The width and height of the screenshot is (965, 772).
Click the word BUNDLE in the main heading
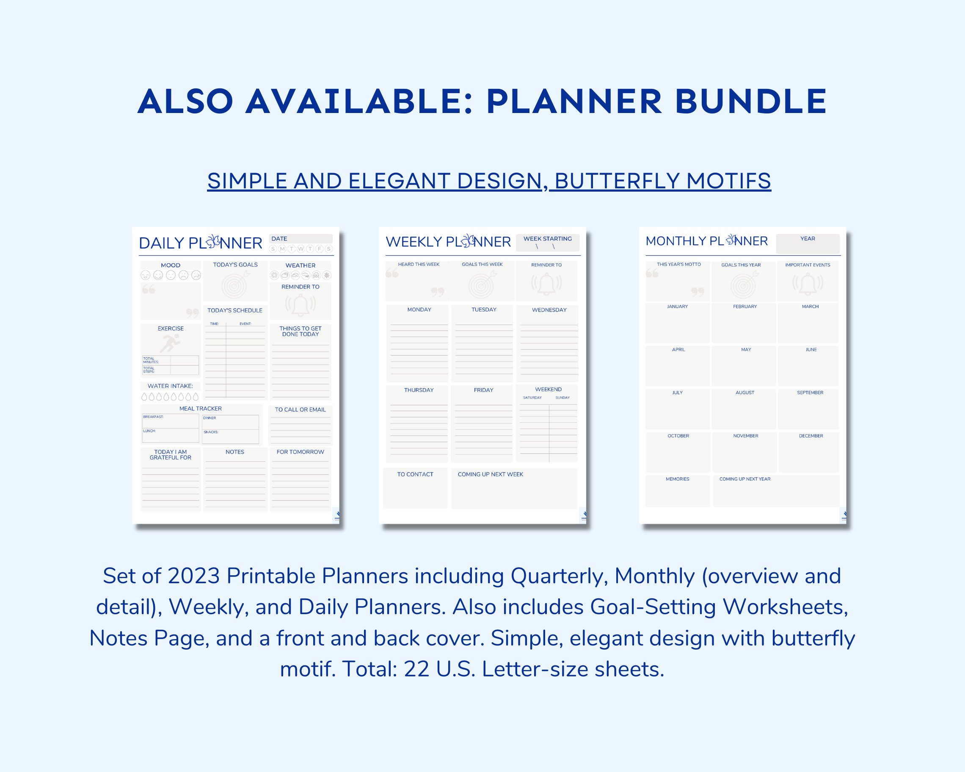(x=750, y=101)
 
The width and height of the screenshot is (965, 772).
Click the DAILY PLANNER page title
(x=200, y=243)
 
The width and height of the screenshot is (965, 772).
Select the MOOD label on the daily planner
(x=171, y=265)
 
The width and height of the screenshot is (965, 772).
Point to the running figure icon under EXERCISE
(x=170, y=343)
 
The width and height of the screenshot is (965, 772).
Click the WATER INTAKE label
(x=170, y=386)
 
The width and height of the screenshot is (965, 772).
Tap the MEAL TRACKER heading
(x=201, y=408)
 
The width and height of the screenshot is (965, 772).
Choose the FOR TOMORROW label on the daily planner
(x=301, y=452)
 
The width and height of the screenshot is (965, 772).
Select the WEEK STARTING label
(x=547, y=239)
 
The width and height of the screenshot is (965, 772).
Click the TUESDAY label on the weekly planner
(x=484, y=310)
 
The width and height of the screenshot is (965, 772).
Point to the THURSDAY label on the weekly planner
(x=419, y=390)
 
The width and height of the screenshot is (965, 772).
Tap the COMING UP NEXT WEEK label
(x=490, y=474)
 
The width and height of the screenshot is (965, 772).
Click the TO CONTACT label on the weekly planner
(x=415, y=474)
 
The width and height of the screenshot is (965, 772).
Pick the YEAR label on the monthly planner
(x=808, y=239)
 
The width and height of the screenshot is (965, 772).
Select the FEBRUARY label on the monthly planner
(x=745, y=306)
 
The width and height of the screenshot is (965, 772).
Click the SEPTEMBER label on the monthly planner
(x=810, y=392)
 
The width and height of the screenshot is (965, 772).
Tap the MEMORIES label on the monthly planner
(x=677, y=479)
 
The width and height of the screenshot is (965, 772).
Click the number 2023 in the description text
(x=194, y=576)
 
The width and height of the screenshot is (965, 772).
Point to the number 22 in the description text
(x=416, y=670)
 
